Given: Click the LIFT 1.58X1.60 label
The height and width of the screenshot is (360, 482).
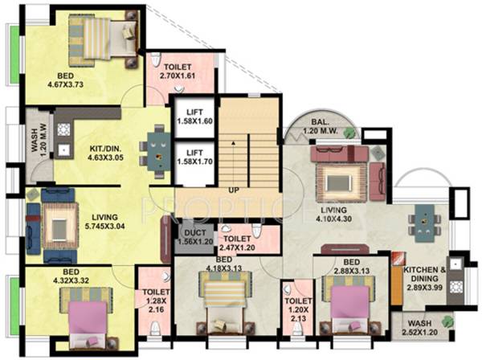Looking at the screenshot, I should pyautogui.click(x=194, y=117).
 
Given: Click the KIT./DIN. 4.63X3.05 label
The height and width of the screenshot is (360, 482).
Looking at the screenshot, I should pyautogui.click(x=107, y=153).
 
